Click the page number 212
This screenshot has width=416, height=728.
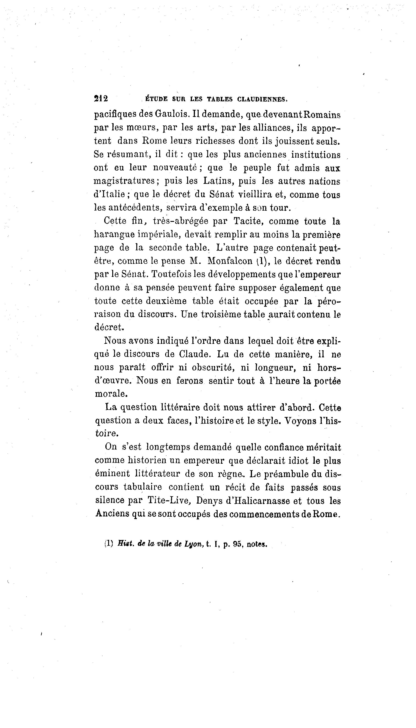click(101, 99)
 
